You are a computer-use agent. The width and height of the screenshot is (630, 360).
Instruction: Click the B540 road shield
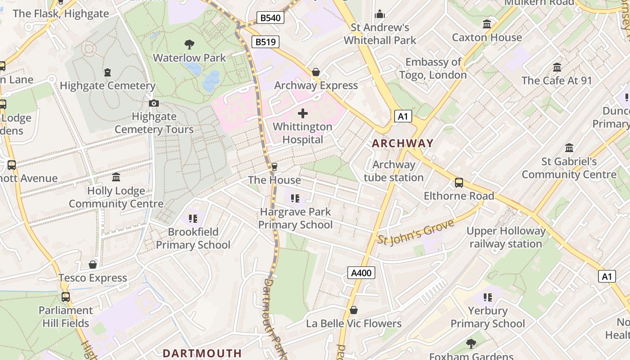[270, 18]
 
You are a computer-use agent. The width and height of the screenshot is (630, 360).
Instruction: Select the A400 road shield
[361, 273]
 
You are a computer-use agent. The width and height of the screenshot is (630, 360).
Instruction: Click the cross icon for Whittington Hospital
[303, 113]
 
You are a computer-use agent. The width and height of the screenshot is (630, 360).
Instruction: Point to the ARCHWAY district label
[402, 144]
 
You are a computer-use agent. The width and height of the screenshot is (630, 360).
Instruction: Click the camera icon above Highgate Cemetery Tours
[154, 103]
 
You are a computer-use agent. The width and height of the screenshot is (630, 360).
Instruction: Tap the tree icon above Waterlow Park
[189, 44]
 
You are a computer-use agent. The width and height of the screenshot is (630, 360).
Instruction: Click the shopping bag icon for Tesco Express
[93, 265]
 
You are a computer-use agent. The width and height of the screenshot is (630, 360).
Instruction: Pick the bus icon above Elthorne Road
[459, 182]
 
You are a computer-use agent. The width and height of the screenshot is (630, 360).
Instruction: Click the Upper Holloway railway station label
[506, 238]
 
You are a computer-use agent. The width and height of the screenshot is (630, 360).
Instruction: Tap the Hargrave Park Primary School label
[295, 218]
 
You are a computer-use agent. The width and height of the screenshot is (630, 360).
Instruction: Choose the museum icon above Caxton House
[486, 24]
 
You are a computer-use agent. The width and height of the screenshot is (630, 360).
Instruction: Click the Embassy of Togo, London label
[433, 68]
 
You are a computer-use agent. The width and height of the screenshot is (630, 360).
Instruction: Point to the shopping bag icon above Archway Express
[316, 72]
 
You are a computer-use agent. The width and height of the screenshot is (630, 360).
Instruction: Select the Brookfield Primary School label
[193, 238]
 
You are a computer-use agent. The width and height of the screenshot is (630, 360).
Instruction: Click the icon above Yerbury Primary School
[487, 297]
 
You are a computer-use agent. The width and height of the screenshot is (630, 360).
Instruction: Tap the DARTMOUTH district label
[202, 353]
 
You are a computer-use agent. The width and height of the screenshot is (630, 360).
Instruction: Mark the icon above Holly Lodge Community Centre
[116, 177]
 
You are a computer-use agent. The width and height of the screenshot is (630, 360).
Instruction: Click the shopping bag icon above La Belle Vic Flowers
[354, 310]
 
